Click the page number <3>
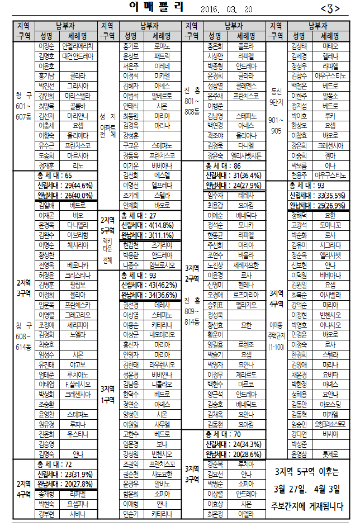(x=330, y=8)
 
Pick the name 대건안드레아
(x=78, y=56)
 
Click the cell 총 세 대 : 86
(x=223, y=166)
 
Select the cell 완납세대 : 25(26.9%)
(x=317, y=205)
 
